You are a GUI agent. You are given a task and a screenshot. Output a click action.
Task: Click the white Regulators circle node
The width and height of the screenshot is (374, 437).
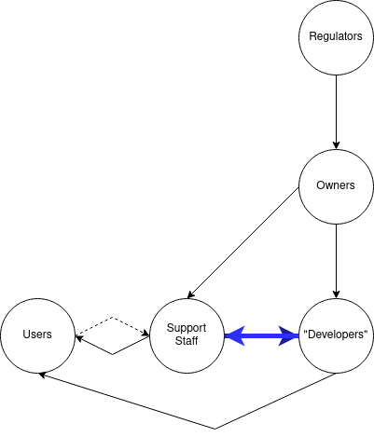pyautogui.click(x=336, y=37)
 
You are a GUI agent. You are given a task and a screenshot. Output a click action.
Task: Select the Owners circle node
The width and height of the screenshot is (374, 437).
pyautogui.click(x=336, y=185)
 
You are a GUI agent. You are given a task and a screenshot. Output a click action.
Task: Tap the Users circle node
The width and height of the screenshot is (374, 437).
pyautogui.click(x=37, y=335)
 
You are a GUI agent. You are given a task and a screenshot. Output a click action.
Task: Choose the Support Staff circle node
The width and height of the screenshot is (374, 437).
pyautogui.click(x=187, y=335)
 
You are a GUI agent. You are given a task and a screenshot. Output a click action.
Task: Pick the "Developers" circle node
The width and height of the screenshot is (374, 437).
pyautogui.click(x=336, y=335)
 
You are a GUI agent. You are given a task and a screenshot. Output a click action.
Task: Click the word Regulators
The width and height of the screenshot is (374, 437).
pyautogui.click(x=336, y=37)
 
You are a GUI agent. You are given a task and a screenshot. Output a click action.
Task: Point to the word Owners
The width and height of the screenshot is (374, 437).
pyautogui.click(x=336, y=185)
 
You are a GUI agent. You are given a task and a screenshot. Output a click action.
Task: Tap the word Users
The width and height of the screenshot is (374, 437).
pyautogui.click(x=37, y=335)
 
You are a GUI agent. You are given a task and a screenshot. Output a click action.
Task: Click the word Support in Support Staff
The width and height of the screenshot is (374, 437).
pyautogui.click(x=187, y=328)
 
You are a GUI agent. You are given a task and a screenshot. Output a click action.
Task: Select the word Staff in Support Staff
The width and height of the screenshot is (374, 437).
pyautogui.click(x=187, y=342)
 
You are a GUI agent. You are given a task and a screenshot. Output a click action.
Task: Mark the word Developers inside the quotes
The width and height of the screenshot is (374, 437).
pyautogui.click(x=337, y=335)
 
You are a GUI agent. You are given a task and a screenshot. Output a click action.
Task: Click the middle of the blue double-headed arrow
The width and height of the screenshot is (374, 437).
pyautogui.click(x=261, y=335)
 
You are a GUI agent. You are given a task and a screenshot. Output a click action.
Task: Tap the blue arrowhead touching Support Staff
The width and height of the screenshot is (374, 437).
pyautogui.click(x=233, y=335)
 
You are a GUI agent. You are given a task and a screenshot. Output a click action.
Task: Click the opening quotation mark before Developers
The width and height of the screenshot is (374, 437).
pyautogui.click(x=306, y=332)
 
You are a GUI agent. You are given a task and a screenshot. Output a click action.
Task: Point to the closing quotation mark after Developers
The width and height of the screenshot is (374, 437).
pyautogui.click(x=367, y=332)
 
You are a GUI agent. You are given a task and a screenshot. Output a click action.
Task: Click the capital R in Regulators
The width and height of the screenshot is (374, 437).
pyautogui.click(x=313, y=37)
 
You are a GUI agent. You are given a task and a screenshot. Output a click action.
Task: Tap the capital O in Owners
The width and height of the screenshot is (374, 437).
pyautogui.click(x=321, y=185)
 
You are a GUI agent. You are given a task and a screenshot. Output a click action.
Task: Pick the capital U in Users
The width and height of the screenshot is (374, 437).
pyautogui.click(x=26, y=335)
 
